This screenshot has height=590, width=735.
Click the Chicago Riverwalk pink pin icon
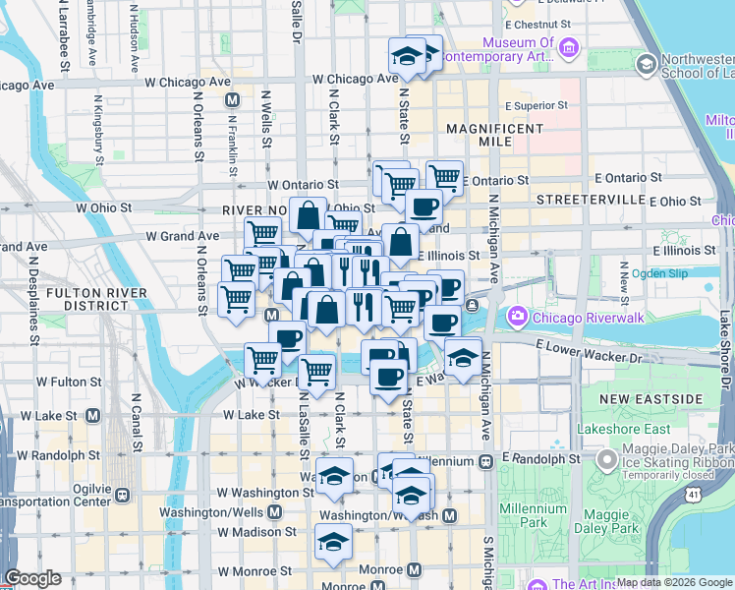pyautogui.click(x=517, y=317)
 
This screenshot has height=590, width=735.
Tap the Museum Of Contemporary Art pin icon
pyautogui.click(x=567, y=46)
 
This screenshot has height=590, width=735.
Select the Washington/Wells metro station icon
pyautogui.click(x=274, y=512)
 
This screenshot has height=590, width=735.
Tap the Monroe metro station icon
pyautogui.click(x=415, y=569)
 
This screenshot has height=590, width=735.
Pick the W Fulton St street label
pyautogui.click(x=69, y=381)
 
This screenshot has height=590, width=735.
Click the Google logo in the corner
pyautogui.click(x=32, y=579)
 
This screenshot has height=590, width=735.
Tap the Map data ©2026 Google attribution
pyautogui.click(x=674, y=582)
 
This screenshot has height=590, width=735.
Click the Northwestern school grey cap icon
pyautogui.click(x=646, y=65)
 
